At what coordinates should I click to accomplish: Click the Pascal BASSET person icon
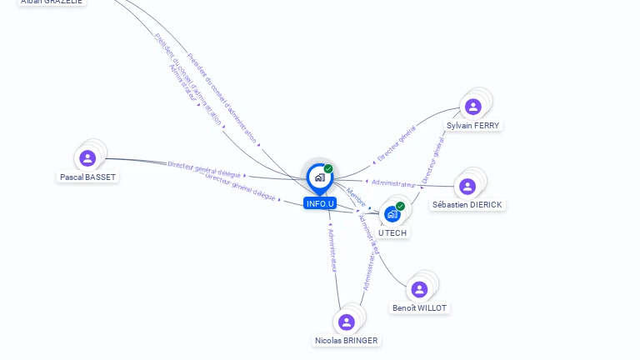point(87,157)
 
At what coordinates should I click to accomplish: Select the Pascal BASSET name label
point(87,177)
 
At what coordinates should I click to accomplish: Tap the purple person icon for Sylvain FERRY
point(473,107)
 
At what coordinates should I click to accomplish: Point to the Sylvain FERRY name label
point(472,126)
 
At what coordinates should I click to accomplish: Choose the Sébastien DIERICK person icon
point(467,186)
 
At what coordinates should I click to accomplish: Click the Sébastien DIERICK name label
point(467,205)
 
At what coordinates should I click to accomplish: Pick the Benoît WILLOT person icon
point(419,289)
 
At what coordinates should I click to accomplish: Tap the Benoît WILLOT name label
point(419,308)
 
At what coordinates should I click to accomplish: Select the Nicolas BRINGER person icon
point(347,322)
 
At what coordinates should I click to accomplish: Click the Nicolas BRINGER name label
point(346,341)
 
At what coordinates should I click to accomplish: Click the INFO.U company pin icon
point(319,177)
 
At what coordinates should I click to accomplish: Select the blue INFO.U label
point(320,203)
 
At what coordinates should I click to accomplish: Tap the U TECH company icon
point(392,214)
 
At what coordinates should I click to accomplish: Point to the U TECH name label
point(392,233)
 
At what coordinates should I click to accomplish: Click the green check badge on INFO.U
point(328,168)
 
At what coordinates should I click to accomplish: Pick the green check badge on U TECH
point(401,206)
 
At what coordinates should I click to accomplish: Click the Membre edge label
point(356,197)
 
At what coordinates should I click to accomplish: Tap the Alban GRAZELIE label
point(52,2)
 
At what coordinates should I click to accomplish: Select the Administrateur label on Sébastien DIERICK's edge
point(393,182)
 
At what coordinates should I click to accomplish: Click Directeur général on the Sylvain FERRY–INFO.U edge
point(397,144)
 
